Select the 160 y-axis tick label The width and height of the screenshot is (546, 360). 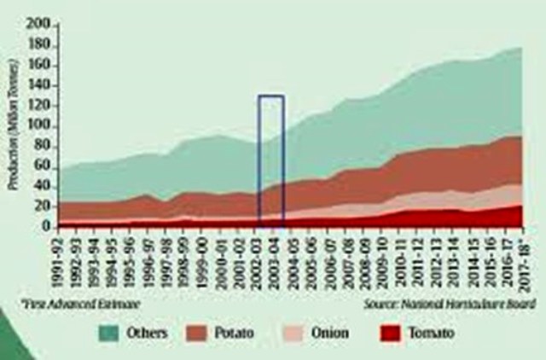tap(38, 66)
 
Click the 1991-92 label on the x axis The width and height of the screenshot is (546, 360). tap(60, 259)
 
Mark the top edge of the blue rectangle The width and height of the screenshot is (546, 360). tap(271, 96)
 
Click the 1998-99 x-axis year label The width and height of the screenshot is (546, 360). tap(183, 259)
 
